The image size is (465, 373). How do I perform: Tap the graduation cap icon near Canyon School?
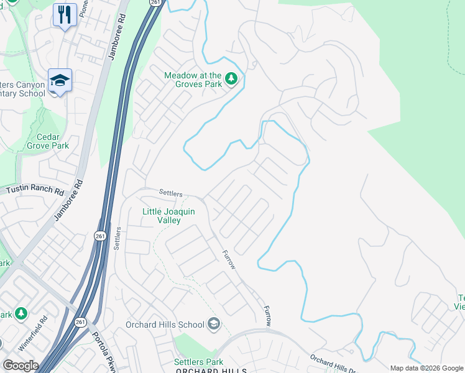(60, 81)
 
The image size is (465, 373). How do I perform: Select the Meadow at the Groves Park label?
(193, 80)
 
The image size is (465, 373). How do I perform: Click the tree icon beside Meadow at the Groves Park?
(231, 78)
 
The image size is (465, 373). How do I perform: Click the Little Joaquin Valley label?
(168, 216)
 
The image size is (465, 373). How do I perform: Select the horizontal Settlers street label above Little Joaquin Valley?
(170, 193)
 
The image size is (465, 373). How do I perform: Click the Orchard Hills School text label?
(165, 324)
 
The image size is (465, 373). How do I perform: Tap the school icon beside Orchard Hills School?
(214, 323)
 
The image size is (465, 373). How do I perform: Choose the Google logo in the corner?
(21, 366)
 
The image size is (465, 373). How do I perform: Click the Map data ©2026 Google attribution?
(426, 368)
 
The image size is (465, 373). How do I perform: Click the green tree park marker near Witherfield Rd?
(21, 313)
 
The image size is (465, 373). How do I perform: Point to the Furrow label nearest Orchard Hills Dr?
(267, 316)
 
